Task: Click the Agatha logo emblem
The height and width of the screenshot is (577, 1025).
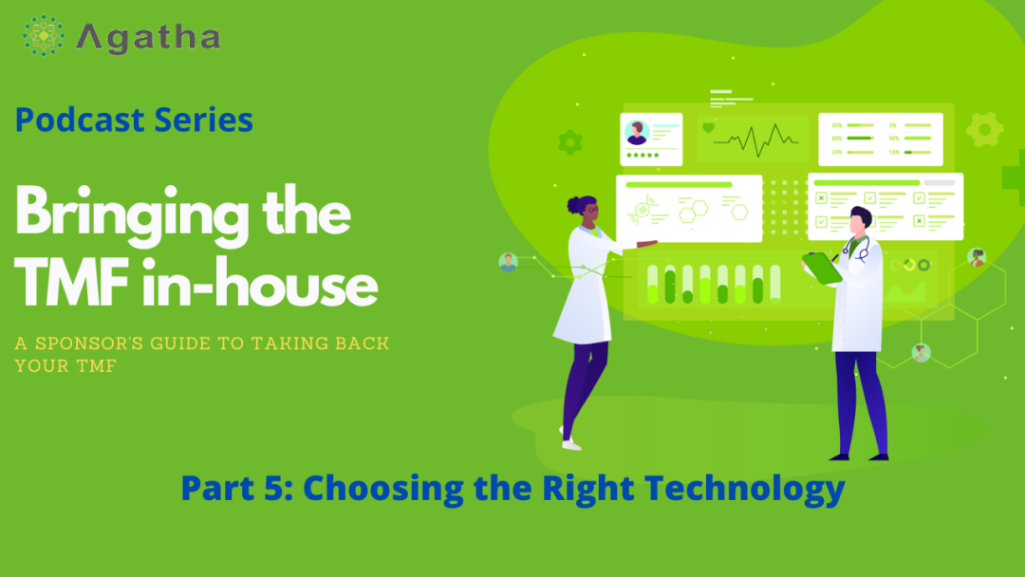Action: [43, 35]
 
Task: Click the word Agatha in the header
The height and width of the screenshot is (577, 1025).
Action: [148, 38]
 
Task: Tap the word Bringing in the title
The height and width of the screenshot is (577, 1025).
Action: [131, 215]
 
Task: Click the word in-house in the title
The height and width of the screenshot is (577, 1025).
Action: [260, 283]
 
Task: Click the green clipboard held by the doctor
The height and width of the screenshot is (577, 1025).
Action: [822, 268]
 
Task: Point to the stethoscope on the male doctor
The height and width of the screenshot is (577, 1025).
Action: [857, 249]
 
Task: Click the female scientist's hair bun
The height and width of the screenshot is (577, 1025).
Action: [574, 205]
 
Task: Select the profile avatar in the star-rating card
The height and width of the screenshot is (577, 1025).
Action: [637, 133]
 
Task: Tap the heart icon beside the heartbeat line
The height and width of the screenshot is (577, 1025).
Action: [708, 128]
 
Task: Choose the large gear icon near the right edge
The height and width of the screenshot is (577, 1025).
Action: [984, 129]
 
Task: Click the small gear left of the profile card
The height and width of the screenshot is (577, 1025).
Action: [570, 141]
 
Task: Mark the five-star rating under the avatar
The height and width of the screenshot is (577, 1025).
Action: [643, 155]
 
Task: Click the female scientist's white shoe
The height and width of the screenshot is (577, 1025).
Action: [570, 444]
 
